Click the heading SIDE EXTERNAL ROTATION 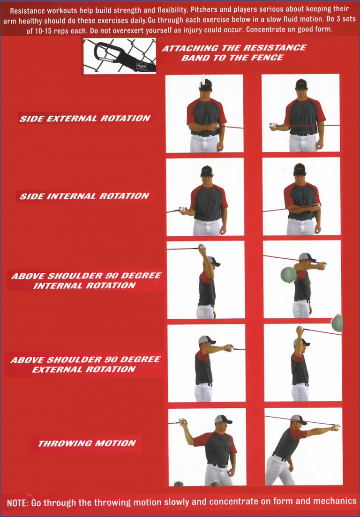point(84,119)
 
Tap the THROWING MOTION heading point(87,443)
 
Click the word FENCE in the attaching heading point(267,58)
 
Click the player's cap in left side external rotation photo point(205,85)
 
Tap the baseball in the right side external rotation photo point(273,126)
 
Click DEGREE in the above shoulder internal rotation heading point(139,276)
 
